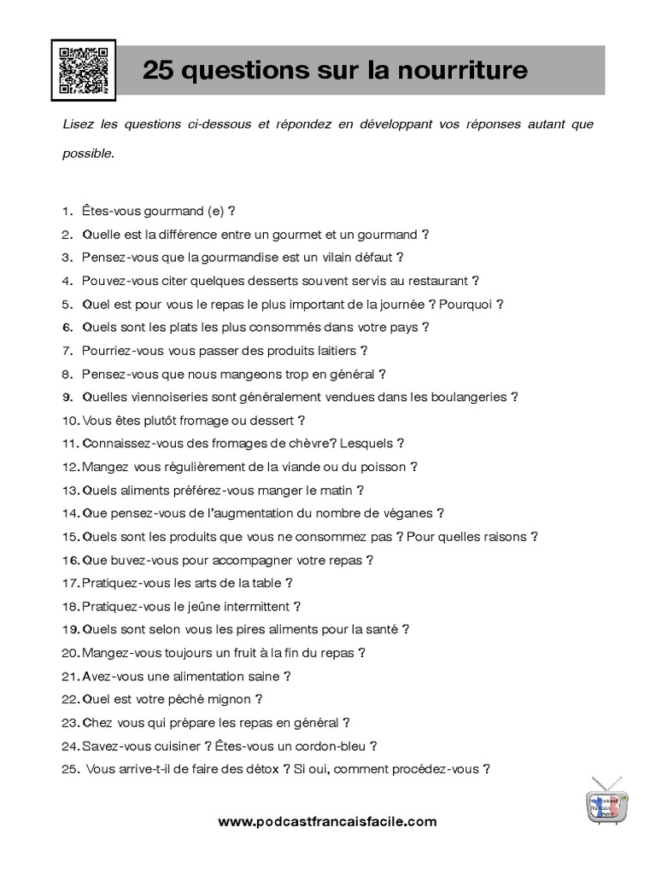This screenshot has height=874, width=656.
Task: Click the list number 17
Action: (70, 583)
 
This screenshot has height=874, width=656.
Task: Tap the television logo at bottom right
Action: (608, 802)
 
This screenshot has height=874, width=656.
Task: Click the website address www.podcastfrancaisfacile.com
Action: (328, 822)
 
